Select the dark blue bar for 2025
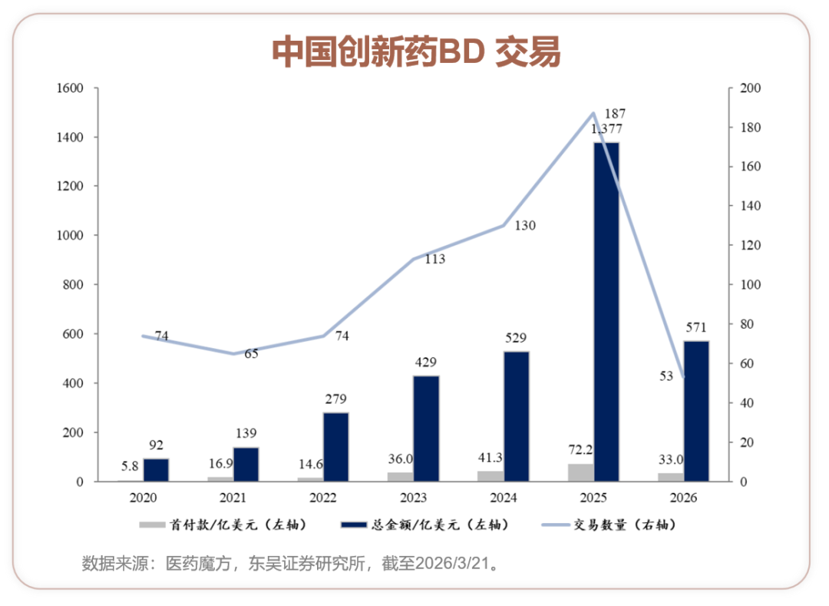[606, 311]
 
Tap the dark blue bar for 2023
[426, 429]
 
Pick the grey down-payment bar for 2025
[580, 472]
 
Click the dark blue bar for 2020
[156, 470]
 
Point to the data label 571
[696, 326]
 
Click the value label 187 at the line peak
[616, 114]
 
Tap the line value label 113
[434, 260]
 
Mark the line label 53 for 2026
[666, 376]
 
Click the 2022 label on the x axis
[322, 498]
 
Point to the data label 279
[335, 399]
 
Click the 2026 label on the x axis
[682, 498]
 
